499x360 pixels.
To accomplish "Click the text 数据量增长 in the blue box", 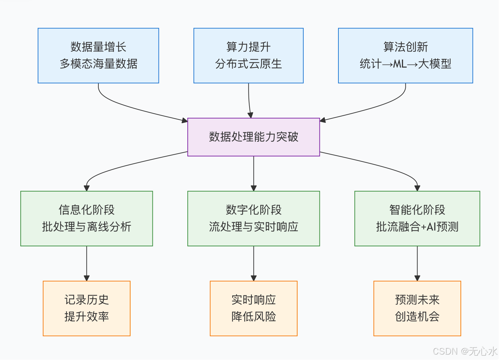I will (x=98, y=47).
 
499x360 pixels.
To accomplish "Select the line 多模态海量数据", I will (x=98, y=64).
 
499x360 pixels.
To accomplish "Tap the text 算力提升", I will (x=248, y=47).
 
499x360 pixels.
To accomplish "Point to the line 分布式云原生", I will (x=248, y=64).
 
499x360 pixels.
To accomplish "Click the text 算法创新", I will (x=405, y=47).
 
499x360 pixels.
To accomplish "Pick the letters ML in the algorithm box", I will (x=400, y=64).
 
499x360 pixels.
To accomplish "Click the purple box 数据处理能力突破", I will (x=254, y=137).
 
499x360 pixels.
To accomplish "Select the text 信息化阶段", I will (x=87, y=210).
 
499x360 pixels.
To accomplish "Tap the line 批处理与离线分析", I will (x=87, y=227).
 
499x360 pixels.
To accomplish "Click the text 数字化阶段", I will (x=254, y=210).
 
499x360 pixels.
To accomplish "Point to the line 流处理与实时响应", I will (x=254, y=227).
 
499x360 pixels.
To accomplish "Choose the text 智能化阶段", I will (x=417, y=210).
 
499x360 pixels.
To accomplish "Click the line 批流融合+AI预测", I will (x=417, y=227).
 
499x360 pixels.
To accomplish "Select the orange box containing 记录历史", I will (x=87, y=308).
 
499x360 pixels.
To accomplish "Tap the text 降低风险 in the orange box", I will (x=254, y=317).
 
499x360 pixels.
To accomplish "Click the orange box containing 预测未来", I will (x=417, y=308).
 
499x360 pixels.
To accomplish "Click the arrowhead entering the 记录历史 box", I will (x=87, y=278).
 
